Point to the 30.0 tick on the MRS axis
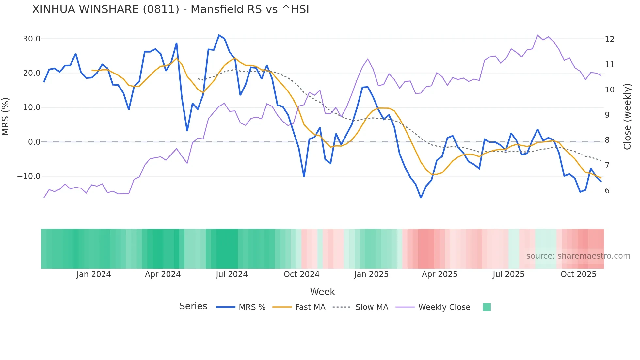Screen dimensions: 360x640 point(32,39)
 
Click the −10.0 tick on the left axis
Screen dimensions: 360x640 point(29,176)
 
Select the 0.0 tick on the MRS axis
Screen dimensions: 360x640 point(34,142)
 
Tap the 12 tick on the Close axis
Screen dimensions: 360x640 point(609,39)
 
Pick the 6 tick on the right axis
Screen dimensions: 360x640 point(607,191)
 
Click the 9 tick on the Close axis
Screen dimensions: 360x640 point(607,115)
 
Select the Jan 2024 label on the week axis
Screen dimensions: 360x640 point(94,274)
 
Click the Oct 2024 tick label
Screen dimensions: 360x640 point(301,274)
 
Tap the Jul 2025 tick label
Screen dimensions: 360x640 point(508,274)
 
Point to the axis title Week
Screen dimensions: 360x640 point(322,292)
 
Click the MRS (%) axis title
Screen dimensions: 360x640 point(5,116)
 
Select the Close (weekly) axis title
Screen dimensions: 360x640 point(627,117)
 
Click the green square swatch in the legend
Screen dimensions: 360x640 point(487,307)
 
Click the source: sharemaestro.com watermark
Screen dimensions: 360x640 point(578,256)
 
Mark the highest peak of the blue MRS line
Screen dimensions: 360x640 point(219,35)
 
